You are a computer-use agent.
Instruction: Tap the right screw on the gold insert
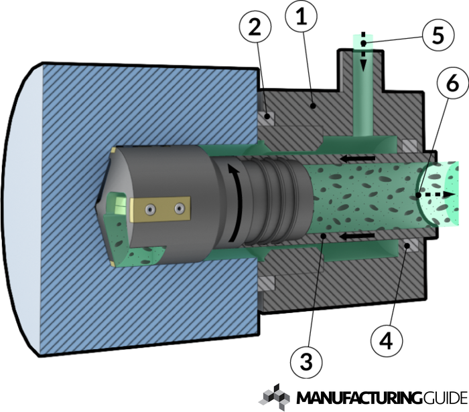[179, 209]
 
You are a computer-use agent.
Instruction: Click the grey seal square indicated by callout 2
[267, 117]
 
